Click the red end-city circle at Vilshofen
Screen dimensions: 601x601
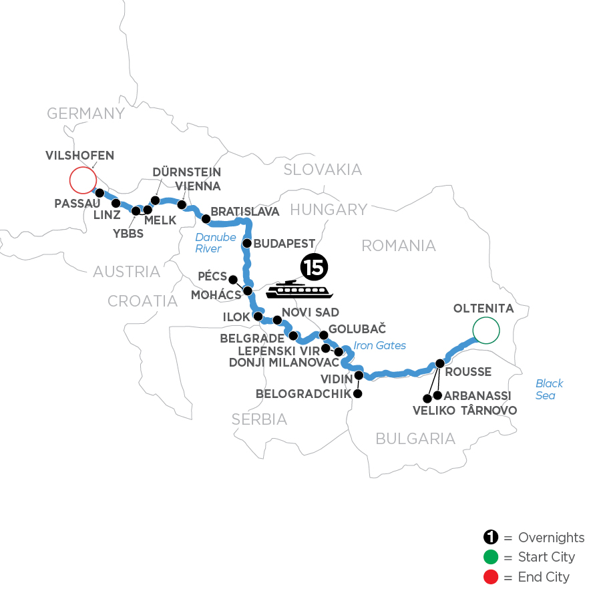point(83,180)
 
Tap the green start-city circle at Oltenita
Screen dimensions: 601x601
point(486,330)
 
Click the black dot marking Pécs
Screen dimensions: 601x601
point(232,279)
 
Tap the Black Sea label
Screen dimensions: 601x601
point(549,389)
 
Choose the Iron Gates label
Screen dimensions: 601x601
point(379,345)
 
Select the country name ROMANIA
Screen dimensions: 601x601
point(399,246)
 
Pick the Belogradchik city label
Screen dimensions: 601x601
point(303,394)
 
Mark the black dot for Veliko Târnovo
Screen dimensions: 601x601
point(427,399)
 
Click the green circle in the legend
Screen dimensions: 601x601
point(490,557)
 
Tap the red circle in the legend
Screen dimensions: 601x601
point(490,576)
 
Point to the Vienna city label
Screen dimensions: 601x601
point(197,186)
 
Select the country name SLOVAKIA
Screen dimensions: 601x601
point(323,170)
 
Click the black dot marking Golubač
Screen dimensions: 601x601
point(324,335)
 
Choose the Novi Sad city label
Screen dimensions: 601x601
point(311,313)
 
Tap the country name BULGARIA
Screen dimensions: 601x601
point(415,439)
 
